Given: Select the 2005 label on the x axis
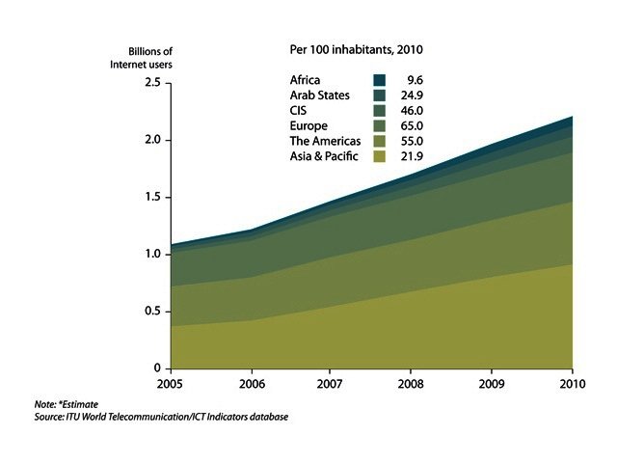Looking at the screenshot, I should click(171, 383).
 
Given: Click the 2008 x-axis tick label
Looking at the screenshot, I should click(412, 383).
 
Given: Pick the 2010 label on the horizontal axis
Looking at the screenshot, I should click(573, 383).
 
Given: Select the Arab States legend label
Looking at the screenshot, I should click(320, 95).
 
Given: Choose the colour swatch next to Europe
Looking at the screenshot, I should click(380, 126).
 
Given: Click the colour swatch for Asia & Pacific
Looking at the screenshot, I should click(380, 157).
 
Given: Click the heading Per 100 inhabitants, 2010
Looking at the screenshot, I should click(358, 48).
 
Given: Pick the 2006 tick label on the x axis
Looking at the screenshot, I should click(251, 383).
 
